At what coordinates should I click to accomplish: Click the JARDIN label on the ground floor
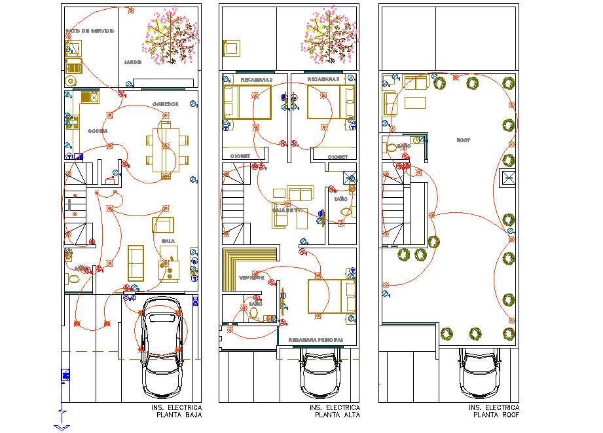(x=133, y=62)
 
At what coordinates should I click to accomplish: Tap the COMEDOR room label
(x=166, y=104)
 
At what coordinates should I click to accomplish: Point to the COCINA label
(x=98, y=130)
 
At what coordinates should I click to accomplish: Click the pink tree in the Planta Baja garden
(x=170, y=37)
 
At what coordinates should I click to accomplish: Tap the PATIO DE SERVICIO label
(x=90, y=31)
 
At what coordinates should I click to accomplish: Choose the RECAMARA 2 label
(x=256, y=79)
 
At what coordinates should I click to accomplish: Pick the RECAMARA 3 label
(x=324, y=79)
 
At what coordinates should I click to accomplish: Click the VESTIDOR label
(x=251, y=278)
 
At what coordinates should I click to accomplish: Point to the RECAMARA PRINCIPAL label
(x=316, y=340)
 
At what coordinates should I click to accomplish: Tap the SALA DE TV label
(x=288, y=210)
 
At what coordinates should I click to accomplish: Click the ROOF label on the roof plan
(x=464, y=140)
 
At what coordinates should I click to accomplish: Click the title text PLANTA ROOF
(x=496, y=415)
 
